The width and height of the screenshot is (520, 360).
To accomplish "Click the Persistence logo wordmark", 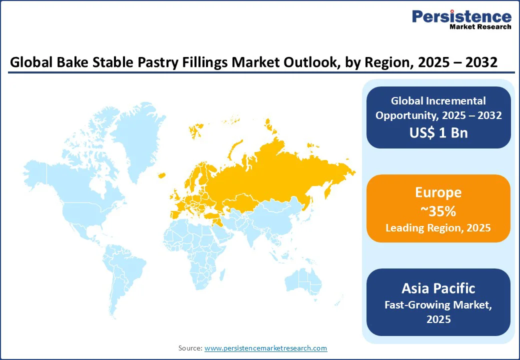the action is coord(461,16).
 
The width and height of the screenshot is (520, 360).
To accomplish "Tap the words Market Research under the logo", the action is coord(480,26).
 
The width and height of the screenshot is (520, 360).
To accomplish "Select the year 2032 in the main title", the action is coord(481,62).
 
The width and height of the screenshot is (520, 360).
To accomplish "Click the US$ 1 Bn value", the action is coord(438,132).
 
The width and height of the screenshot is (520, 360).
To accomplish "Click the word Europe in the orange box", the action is coord(438,192).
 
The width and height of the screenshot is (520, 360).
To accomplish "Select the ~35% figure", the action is coord(438,211).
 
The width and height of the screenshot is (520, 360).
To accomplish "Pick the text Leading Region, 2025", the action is coord(438,227).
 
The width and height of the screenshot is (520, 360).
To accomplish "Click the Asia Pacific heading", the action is coord(438,288).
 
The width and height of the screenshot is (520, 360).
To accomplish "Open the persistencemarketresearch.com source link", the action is coord(265,348).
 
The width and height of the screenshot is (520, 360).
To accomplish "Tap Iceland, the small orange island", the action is coord(162,175).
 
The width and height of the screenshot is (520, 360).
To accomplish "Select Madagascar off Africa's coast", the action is coord(222,275).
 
